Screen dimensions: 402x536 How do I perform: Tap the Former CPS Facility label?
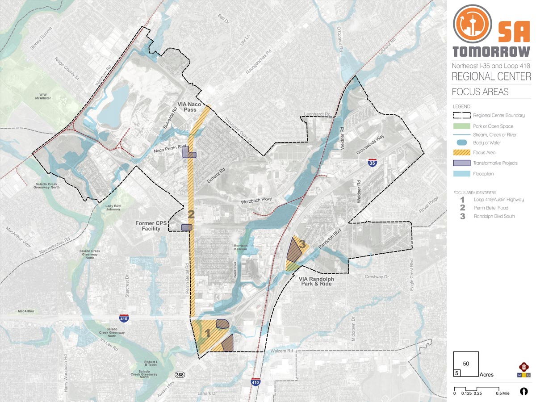click(x=151, y=226)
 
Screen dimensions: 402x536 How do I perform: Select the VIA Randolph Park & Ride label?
click(x=316, y=281)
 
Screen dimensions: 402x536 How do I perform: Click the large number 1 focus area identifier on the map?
click(x=207, y=333)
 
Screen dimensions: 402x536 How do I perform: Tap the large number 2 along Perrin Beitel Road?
click(x=191, y=215)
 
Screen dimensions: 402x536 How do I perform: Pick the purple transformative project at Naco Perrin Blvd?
click(x=188, y=153)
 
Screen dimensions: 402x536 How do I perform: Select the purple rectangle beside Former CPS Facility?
click(x=186, y=227)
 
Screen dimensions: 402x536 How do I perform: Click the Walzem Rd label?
click(x=281, y=351)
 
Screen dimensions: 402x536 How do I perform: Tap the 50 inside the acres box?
click(x=466, y=364)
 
